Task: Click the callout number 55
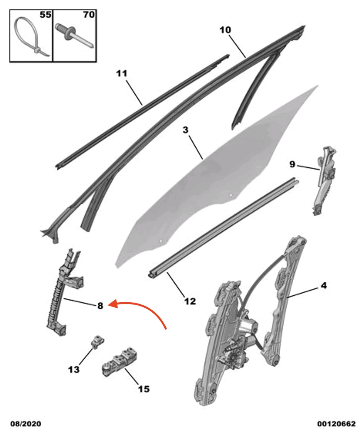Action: [45, 16]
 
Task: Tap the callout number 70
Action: [89, 16]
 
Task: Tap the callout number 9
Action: [292, 165]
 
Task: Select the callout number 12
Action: [190, 301]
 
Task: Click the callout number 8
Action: [100, 306]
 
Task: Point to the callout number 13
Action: [74, 369]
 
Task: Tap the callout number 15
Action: [143, 389]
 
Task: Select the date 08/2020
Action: [25, 424]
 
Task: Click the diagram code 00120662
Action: [336, 424]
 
